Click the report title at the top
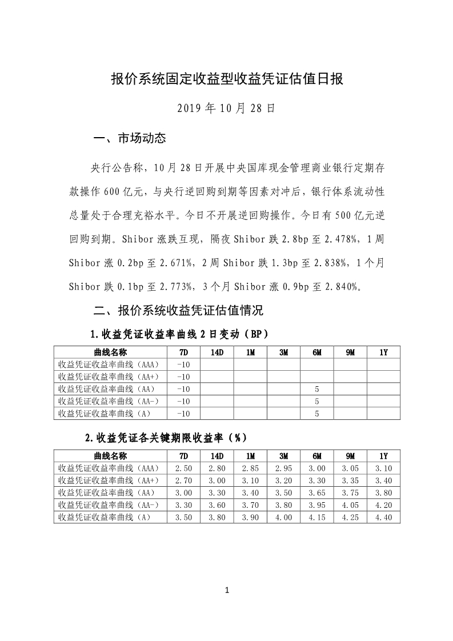tap(226, 79)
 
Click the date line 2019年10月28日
tap(226, 108)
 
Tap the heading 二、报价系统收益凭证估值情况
tap(178, 311)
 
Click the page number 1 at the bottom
tap(227, 590)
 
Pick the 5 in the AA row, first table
tap(317, 388)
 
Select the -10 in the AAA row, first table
tap(183, 364)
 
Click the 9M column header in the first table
tap(350, 352)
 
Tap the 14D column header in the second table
tap(217, 456)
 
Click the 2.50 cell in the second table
tap(183, 468)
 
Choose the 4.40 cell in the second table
tap(383, 517)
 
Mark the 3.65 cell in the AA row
tap(317, 492)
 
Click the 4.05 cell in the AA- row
tap(350, 505)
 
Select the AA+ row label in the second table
tap(109, 480)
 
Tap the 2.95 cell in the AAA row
tap(283, 468)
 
